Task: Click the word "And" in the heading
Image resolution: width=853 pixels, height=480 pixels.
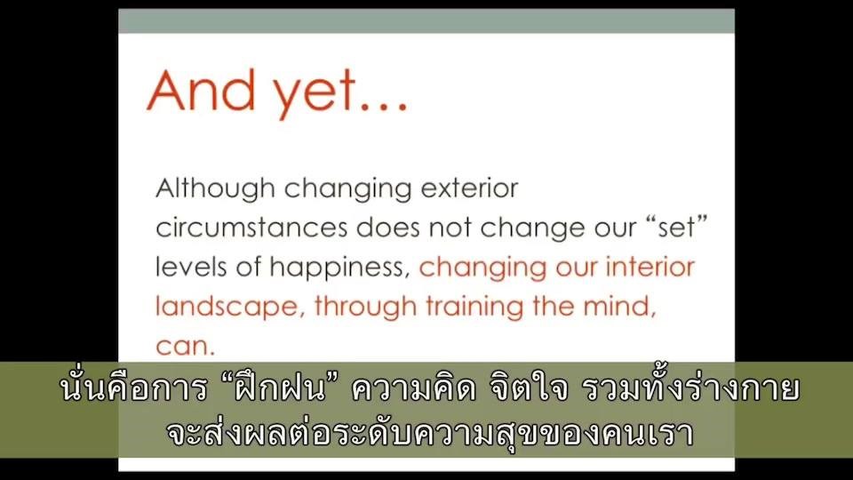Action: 202,91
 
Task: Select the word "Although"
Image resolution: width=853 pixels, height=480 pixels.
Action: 215,189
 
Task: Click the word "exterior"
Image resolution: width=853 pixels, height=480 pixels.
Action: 469,188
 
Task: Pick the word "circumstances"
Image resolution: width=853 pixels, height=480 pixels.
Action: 251,228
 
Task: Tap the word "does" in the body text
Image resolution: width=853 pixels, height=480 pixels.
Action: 388,228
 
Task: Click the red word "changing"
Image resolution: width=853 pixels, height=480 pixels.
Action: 482,268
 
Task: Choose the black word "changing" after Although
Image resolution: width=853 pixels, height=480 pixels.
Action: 347,189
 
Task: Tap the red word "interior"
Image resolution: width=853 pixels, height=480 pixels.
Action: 650,267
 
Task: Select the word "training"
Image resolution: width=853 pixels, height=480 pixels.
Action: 474,307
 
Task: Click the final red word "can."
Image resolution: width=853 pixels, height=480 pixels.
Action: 186,347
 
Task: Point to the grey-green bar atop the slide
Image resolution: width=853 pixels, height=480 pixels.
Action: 426,21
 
